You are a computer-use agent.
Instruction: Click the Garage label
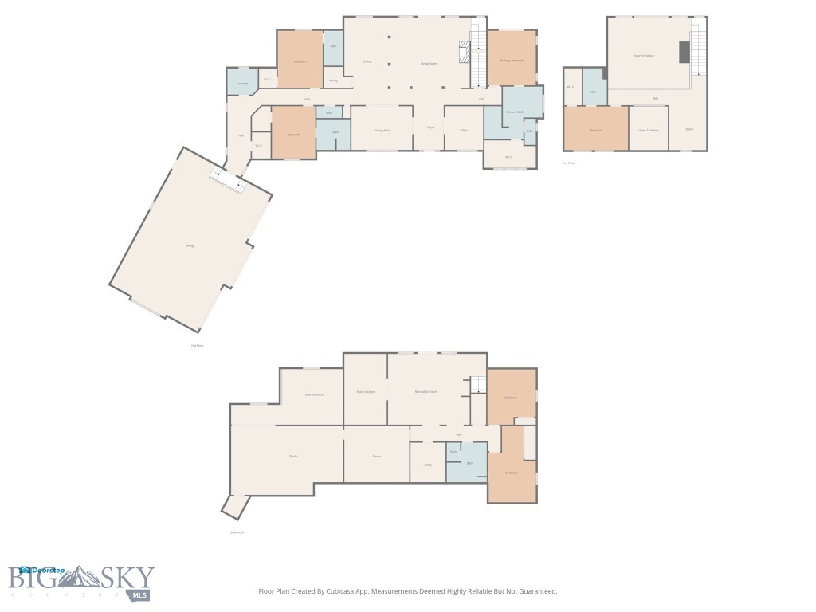pos(190,245)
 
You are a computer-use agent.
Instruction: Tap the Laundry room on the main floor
pos(242,83)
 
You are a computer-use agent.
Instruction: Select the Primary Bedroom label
pos(512,61)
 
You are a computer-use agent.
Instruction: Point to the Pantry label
pos(333,80)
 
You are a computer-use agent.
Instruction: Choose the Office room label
pos(463,130)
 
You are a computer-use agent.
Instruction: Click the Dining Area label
pos(382,130)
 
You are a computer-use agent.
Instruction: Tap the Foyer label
pos(430,127)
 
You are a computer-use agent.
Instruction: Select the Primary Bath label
pos(516,112)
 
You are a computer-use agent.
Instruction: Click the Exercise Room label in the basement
pos(314,394)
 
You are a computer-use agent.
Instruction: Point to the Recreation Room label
pos(426,392)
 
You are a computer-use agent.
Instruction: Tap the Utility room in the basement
pos(427,465)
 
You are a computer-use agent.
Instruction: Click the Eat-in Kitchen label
pos(366,392)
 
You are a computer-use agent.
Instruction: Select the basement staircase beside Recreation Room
pos(477,385)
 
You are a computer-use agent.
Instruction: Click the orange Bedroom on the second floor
pos(595,129)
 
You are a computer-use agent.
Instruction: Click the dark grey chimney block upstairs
pos(684,53)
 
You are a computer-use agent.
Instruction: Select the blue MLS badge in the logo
pos(141,594)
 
